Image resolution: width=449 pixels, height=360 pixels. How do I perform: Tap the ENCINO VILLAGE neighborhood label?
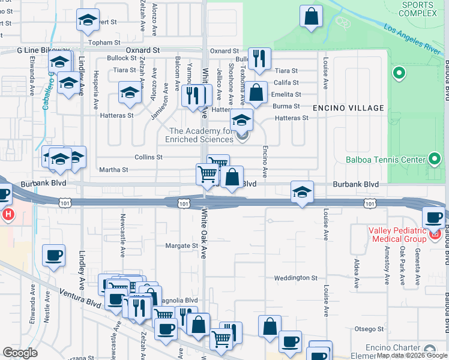tap(348, 108)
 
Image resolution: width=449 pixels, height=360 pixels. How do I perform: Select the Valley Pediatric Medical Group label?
tap(397, 236)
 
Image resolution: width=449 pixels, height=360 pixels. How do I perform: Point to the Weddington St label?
tap(295, 278)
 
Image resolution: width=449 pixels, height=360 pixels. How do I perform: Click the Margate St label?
tap(181, 246)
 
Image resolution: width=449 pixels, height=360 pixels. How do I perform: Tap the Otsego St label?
tap(369, 329)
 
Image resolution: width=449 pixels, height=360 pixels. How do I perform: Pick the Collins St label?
tap(148, 157)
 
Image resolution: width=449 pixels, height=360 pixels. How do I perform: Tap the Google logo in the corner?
tap(20, 353)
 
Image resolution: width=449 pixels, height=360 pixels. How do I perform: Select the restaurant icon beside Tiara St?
tap(259, 58)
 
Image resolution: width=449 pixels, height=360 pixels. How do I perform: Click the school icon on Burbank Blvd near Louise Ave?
tap(302, 192)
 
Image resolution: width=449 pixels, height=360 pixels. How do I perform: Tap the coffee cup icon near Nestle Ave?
tap(53, 256)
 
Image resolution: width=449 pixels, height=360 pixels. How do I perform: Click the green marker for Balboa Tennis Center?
tap(435, 159)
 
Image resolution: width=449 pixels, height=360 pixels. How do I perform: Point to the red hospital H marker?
tap(8, 214)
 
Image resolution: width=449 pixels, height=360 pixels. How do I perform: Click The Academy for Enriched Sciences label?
tap(200, 135)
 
